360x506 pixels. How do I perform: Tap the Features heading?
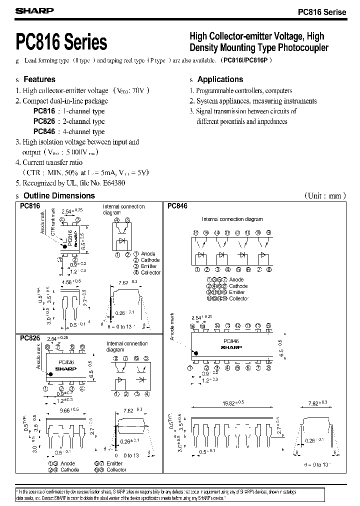click(x=39, y=79)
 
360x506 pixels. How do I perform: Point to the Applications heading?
click(x=220, y=79)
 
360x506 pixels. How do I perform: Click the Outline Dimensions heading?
click(x=59, y=196)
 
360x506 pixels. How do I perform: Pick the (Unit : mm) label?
click(x=325, y=196)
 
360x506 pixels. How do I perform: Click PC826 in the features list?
click(x=44, y=121)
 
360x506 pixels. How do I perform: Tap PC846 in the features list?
click(x=44, y=132)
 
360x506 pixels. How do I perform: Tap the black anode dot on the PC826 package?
click(x=49, y=373)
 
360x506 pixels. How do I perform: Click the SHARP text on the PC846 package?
click(x=231, y=347)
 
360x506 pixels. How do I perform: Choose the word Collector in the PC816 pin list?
click(x=151, y=272)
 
